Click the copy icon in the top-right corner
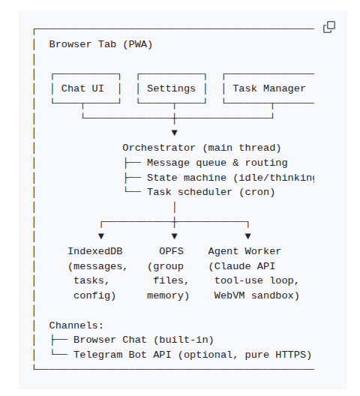pos(328,27)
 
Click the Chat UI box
pos(82,88)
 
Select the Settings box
pos(171,88)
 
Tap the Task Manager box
pos(268,88)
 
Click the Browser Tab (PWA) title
pos(100,44)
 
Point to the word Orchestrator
pos(159,148)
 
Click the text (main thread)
pos(241,148)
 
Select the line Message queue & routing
pos(217,163)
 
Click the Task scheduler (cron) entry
pos(211,192)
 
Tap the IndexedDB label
pos(97,251)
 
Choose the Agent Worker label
pos(244,251)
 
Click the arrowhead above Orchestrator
pos(175,133)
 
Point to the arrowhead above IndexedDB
pos(101,236)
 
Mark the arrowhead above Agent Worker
pos(247,236)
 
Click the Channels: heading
pos(76,325)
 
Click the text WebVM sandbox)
pos(256,295)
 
